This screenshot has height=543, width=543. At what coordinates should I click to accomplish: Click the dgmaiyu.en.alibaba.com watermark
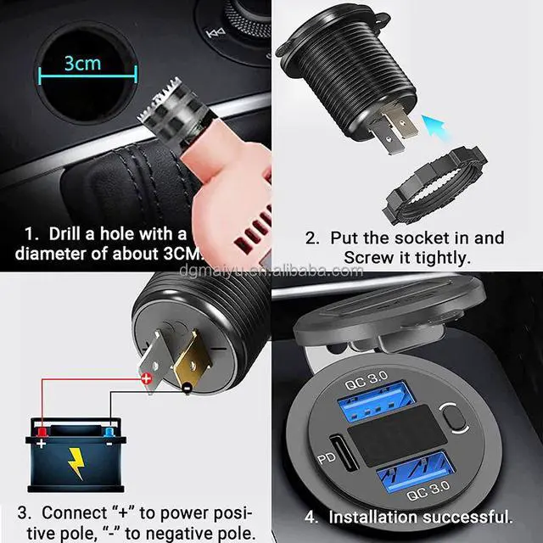271,271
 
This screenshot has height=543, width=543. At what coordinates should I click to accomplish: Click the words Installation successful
419,516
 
